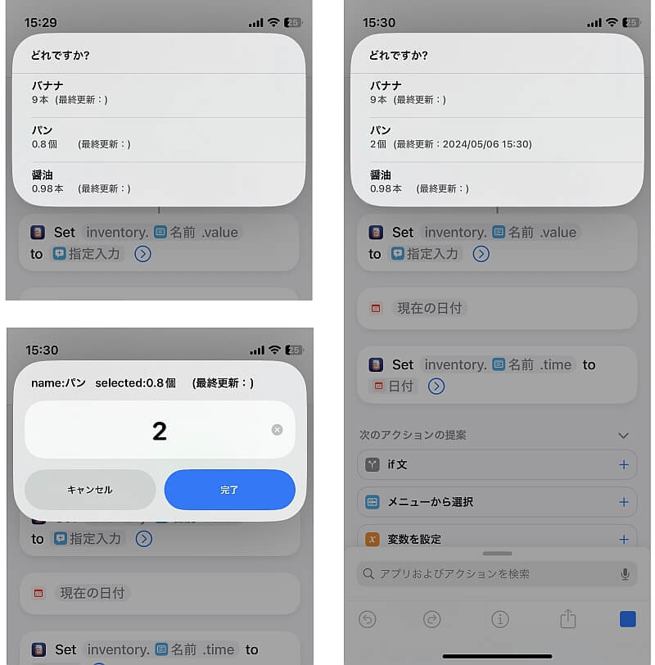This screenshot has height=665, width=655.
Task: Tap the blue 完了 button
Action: (x=229, y=490)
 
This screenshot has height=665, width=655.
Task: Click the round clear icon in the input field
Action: (x=277, y=430)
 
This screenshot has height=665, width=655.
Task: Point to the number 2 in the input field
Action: (x=160, y=431)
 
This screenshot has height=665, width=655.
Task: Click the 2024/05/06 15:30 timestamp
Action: (x=486, y=144)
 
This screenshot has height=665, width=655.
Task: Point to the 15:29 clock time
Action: (x=41, y=22)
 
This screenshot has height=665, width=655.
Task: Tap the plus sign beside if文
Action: (x=624, y=465)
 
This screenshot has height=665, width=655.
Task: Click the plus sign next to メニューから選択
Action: (x=624, y=502)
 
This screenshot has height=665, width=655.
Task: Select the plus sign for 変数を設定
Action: (x=624, y=539)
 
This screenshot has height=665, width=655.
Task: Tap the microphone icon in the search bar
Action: (x=625, y=574)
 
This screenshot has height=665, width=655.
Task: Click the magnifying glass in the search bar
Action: (x=368, y=574)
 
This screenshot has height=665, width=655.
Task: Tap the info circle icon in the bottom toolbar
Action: (x=499, y=619)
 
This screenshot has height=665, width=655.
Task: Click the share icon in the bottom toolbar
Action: (x=567, y=619)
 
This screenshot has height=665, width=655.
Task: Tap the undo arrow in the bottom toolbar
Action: (x=367, y=619)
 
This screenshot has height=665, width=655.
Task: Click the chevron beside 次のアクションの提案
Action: (x=623, y=436)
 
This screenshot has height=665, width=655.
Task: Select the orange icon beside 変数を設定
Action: (x=373, y=539)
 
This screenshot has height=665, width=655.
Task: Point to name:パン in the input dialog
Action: (x=58, y=383)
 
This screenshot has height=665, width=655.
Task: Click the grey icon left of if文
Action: (x=373, y=465)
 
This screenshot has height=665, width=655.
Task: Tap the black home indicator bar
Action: (x=497, y=656)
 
